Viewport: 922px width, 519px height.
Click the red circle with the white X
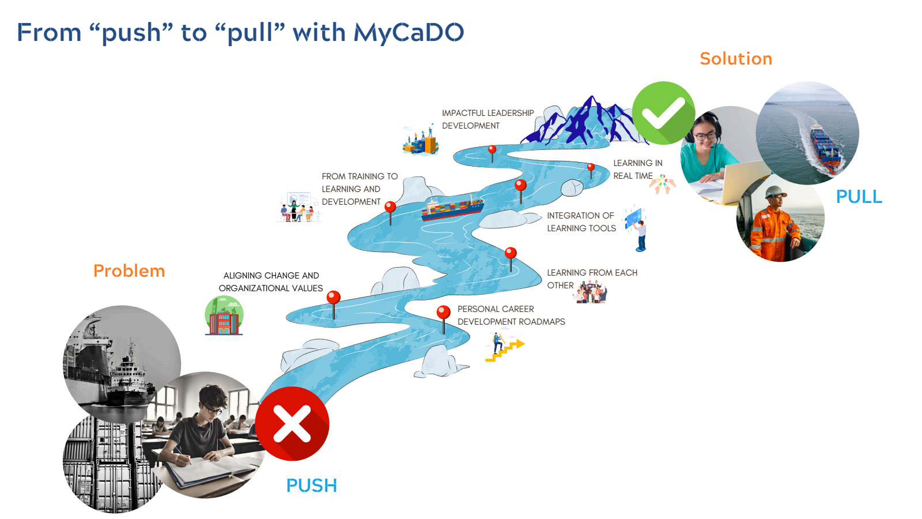pyautogui.click(x=292, y=424)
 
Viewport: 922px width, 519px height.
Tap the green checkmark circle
pyautogui.click(x=663, y=113)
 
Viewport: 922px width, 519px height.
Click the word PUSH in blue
pyautogui.click(x=311, y=486)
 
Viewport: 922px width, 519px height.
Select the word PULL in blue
pyautogui.click(x=859, y=197)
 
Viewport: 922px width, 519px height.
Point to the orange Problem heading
pyautogui.click(x=129, y=271)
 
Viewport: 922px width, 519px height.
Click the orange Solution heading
pyautogui.click(x=736, y=59)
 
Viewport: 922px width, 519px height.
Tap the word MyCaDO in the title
pyautogui.click(x=409, y=33)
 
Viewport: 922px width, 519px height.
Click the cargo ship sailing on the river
pyautogui.click(x=452, y=208)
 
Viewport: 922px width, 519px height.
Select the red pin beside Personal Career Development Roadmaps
pyautogui.click(x=443, y=313)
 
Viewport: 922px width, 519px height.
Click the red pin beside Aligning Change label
pyautogui.click(x=334, y=298)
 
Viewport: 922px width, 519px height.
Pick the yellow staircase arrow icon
pyautogui.click(x=505, y=348)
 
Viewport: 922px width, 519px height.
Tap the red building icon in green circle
pyautogui.click(x=224, y=316)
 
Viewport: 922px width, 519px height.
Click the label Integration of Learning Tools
pyautogui.click(x=581, y=222)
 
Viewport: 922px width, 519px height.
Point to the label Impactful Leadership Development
pyautogui.click(x=488, y=119)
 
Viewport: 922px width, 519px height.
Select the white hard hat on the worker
pyautogui.click(x=776, y=191)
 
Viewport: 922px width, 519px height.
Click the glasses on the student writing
pyautogui.click(x=213, y=409)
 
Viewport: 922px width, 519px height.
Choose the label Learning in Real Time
pyautogui.click(x=637, y=170)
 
